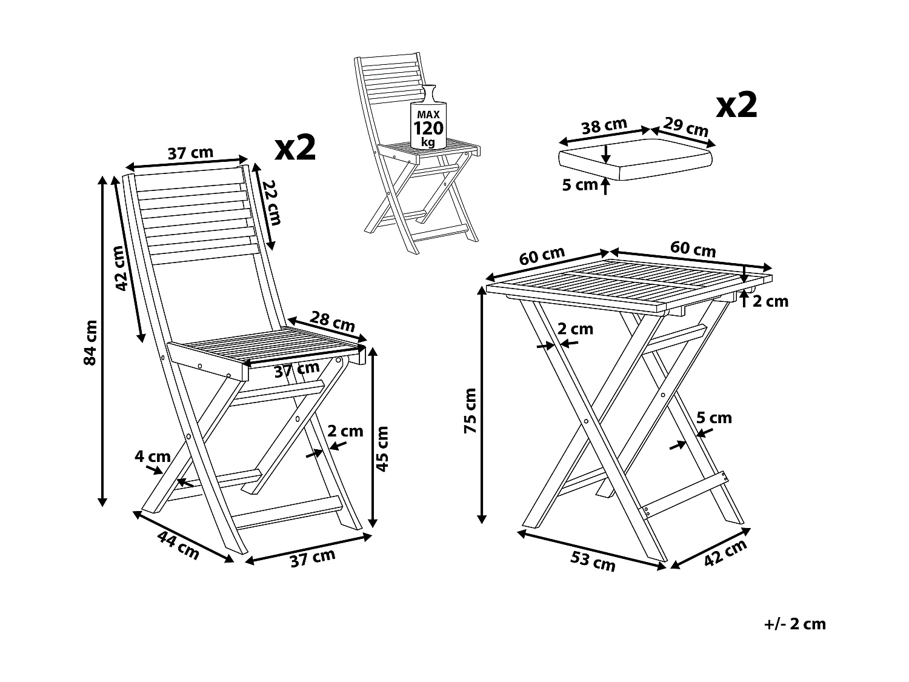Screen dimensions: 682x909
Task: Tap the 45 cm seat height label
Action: coord(382,449)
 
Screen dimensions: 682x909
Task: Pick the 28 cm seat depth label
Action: coord(332,321)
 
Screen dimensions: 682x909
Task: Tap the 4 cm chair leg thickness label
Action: coord(152,456)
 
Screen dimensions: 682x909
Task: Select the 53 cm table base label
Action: coord(593,561)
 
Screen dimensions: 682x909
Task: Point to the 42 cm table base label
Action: coord(725,553)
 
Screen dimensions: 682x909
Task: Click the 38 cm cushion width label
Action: coord(604,126)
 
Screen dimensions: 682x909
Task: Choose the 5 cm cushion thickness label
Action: coord(579,185)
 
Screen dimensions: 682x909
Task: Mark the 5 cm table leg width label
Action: coord(714,418)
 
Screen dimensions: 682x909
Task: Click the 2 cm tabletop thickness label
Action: coord(770,301)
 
